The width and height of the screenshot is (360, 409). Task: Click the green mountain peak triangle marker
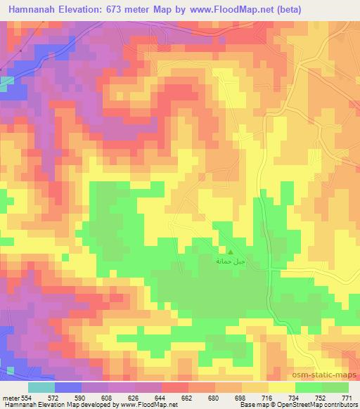231,251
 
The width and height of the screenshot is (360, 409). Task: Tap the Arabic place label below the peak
231,261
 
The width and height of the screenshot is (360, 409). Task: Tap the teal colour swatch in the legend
41,387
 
